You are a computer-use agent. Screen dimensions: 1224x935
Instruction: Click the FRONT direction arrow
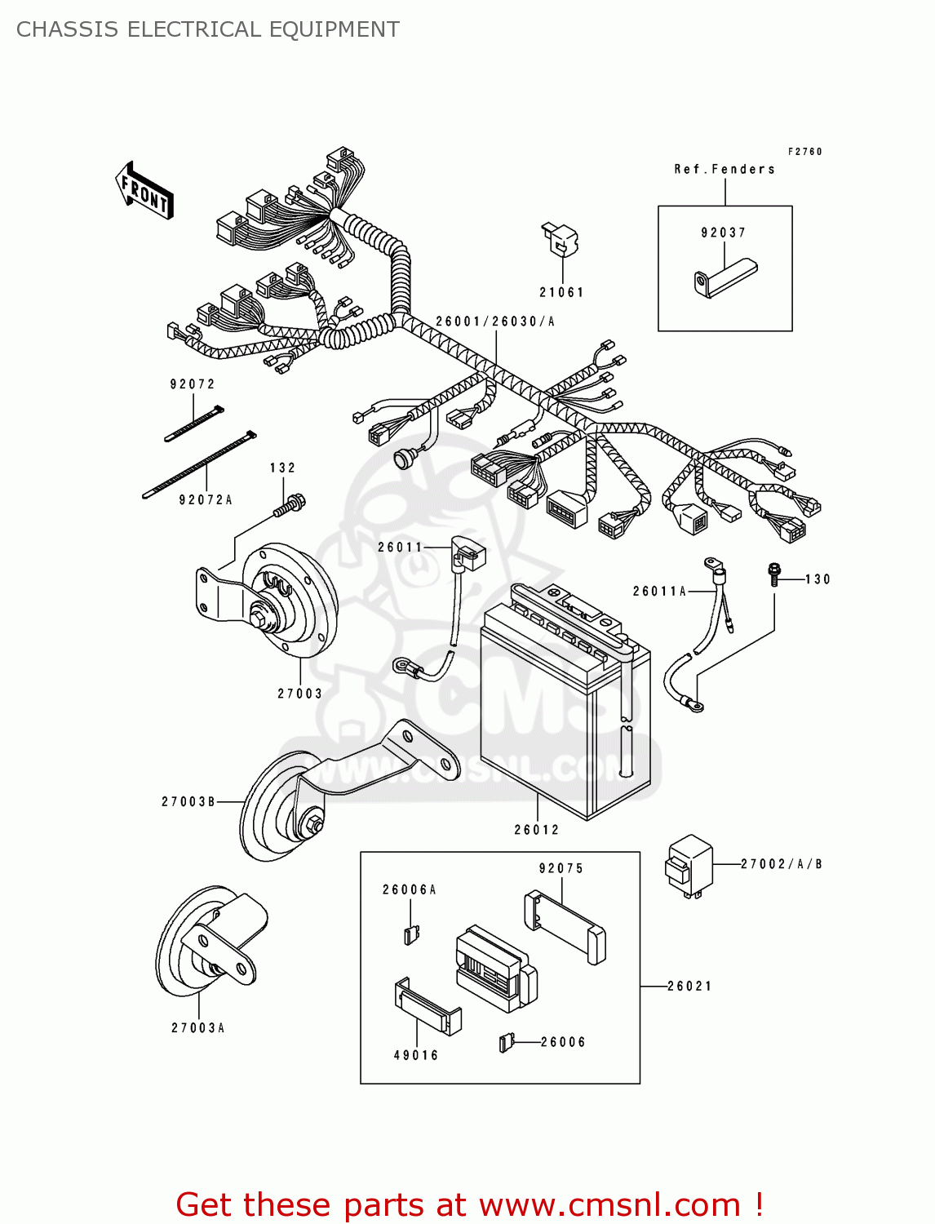144,190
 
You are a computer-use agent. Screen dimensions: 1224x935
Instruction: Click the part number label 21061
561,292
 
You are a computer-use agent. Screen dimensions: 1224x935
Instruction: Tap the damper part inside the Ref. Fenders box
725,277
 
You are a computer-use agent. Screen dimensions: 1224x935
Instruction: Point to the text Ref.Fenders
725,170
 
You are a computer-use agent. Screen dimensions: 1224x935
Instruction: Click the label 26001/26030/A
495,322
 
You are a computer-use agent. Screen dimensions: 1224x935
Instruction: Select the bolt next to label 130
773,574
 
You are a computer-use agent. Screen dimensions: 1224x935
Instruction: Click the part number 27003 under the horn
299,694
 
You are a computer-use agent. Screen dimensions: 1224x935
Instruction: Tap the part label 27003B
188,802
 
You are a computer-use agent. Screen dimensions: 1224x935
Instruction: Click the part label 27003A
198,1028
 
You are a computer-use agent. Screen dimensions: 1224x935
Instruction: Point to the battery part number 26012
537,830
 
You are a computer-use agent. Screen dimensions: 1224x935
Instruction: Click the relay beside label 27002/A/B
689,866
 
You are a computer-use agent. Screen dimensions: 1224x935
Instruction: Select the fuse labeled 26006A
411,934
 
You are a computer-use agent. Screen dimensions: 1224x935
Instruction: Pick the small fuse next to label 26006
506,1042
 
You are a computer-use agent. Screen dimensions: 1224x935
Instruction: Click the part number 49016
416,1055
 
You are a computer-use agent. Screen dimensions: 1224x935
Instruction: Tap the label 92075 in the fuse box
561,868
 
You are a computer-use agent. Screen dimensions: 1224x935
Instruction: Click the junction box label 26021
689,986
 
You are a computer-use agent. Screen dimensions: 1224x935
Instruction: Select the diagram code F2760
804,152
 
